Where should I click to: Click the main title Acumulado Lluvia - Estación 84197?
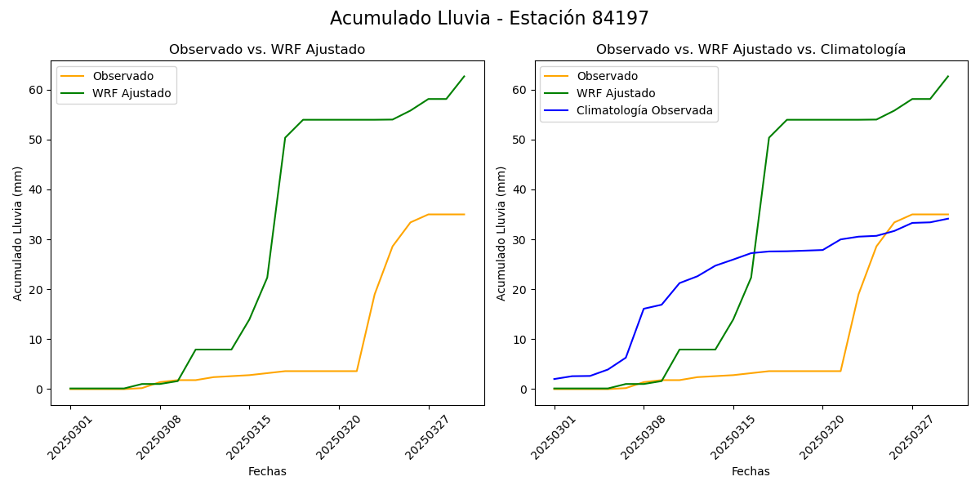(489, 18)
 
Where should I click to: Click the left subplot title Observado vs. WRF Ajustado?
(267, 50)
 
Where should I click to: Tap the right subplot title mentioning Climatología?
(751, 50)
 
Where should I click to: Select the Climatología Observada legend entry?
(644, 110)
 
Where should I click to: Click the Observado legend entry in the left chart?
(122, 76)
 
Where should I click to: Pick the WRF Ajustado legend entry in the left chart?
(131, 93)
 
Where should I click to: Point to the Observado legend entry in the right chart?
(607, 76)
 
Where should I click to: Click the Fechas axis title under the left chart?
(267, 471)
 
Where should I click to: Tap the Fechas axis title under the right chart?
(751, 471)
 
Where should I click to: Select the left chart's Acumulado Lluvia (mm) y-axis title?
(18, 233)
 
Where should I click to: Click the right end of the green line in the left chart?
(464, 77)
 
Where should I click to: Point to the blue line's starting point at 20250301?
(555, 379)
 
